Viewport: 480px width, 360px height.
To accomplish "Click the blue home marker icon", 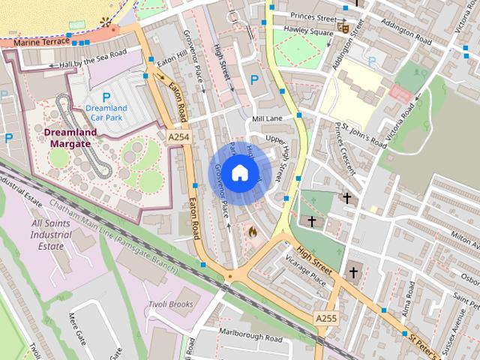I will (x=238, y=172).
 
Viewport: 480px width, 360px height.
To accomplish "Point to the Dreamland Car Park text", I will (x=106, y=112).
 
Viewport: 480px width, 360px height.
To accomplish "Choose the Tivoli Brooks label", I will (x=169, y=304).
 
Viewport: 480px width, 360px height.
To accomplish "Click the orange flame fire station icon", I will (x=252, y=233).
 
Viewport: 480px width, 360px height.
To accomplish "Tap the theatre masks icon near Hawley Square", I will (x=344, y=28).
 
